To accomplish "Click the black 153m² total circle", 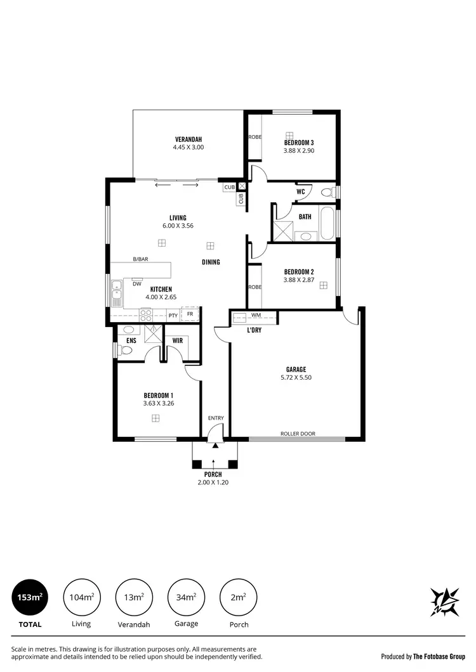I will pos(30,597).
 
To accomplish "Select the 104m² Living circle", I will pos(82,597).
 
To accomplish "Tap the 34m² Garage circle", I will pos(186,597).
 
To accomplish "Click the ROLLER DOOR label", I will pos(298,434).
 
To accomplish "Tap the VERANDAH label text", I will pos(188,139).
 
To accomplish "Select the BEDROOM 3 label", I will pos(299,143).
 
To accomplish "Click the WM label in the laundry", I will pos(256,315).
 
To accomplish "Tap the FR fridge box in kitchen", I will pos(190,314).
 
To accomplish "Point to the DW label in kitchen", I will pos(136,284).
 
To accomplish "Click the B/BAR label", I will pos(140,259).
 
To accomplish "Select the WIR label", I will pos(178,340).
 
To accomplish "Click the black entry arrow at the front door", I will pos(215,446).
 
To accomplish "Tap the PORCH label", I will pos(213,474).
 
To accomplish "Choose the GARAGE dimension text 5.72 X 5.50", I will pos(296,377).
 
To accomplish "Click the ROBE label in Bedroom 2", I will pos(255,287).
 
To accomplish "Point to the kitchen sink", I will pos(117,293).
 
